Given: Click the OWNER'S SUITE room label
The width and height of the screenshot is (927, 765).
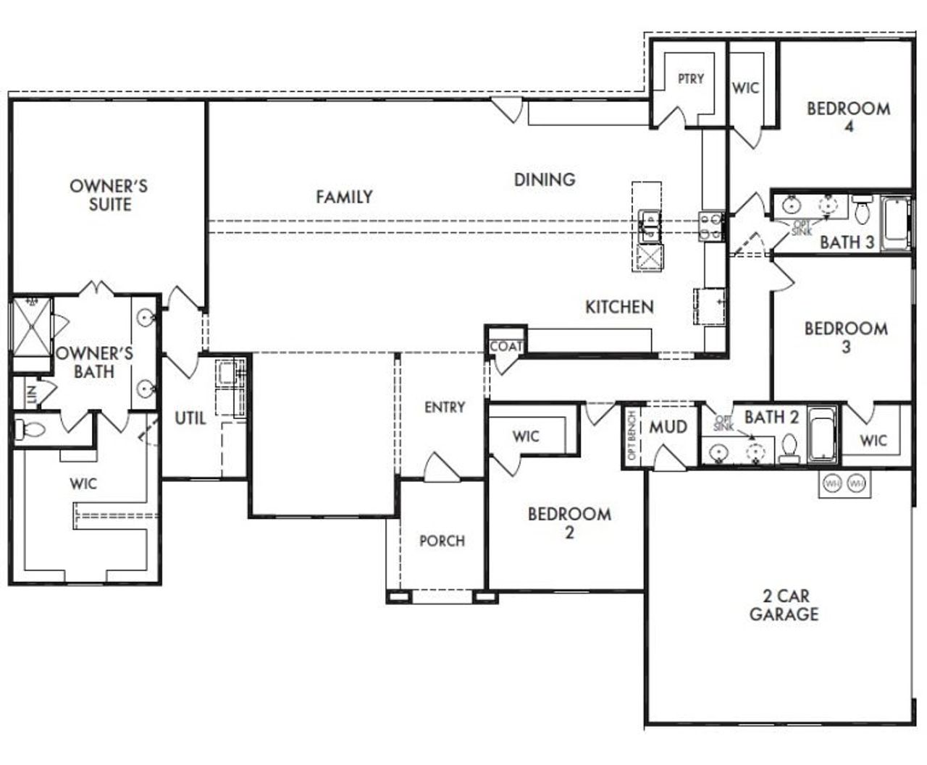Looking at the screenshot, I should (x=109, y=195).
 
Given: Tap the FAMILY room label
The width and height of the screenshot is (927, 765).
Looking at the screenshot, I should (x=344, y=196).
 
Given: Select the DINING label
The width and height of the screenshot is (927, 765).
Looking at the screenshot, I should (x=545, y=179).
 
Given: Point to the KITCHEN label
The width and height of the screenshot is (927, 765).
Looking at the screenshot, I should (x=619, y=307).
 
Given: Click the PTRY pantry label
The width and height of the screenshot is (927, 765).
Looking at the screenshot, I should (x=690, y=79).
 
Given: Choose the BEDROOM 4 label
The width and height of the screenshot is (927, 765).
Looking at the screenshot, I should (x=848, y=117).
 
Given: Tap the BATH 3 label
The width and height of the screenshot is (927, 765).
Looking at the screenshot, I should (x=847, y=242).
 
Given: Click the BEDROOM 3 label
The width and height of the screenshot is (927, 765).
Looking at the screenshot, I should (x=846, y=337).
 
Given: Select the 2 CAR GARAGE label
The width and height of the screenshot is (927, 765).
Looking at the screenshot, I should (x=784, y=605).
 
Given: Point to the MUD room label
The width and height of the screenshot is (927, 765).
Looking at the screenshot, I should (x=668, y=427).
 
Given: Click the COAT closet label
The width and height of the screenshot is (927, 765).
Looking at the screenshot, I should (x=506, y=347).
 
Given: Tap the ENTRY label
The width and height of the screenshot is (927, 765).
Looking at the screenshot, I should (x=445, y=407).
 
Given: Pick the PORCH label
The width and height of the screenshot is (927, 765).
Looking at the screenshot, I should (x=442, y=541).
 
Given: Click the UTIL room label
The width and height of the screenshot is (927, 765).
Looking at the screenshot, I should (x=190, y=418).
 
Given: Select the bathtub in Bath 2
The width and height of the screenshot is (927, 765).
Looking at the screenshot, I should (x=822, y=435).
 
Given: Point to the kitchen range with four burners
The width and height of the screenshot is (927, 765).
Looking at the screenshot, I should (x=710, y=225).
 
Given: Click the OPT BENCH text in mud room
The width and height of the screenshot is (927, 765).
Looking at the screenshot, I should (x=632, y=436).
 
